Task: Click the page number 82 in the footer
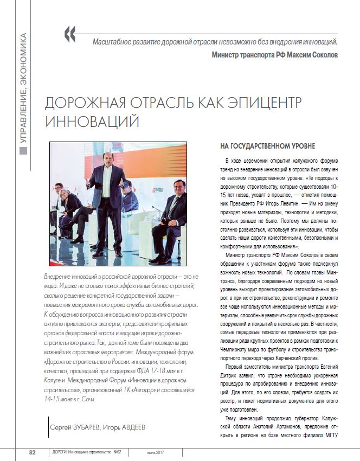click(32, 452)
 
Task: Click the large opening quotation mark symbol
click(70, 34)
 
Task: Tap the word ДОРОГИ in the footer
click(57, 452)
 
